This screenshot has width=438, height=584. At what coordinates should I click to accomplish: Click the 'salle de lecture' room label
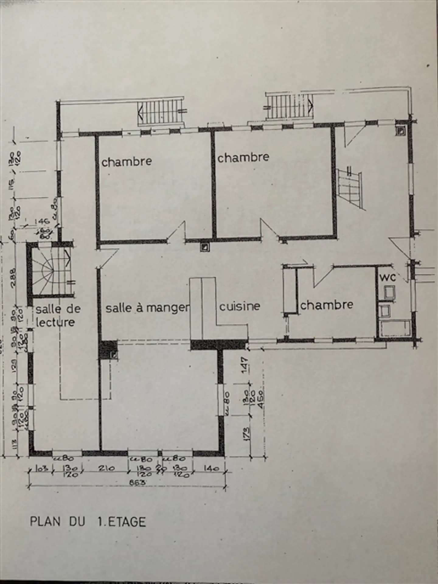pos(58,315)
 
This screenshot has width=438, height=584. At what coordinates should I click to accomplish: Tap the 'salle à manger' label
pos(147,308)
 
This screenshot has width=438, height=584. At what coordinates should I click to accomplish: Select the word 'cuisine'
pos(240,306)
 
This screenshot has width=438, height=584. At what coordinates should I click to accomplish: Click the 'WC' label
pos(388,277)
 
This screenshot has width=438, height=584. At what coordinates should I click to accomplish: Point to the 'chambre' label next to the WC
pos(327,305)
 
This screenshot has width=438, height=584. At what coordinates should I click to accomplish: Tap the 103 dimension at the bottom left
pos(40,468)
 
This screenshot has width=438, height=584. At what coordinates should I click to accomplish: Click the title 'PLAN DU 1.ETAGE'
pos(88,522)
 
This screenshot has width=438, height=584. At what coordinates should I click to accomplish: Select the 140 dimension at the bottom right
pos(210,468)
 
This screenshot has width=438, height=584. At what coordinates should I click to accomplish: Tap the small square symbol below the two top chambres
pos(205,247)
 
